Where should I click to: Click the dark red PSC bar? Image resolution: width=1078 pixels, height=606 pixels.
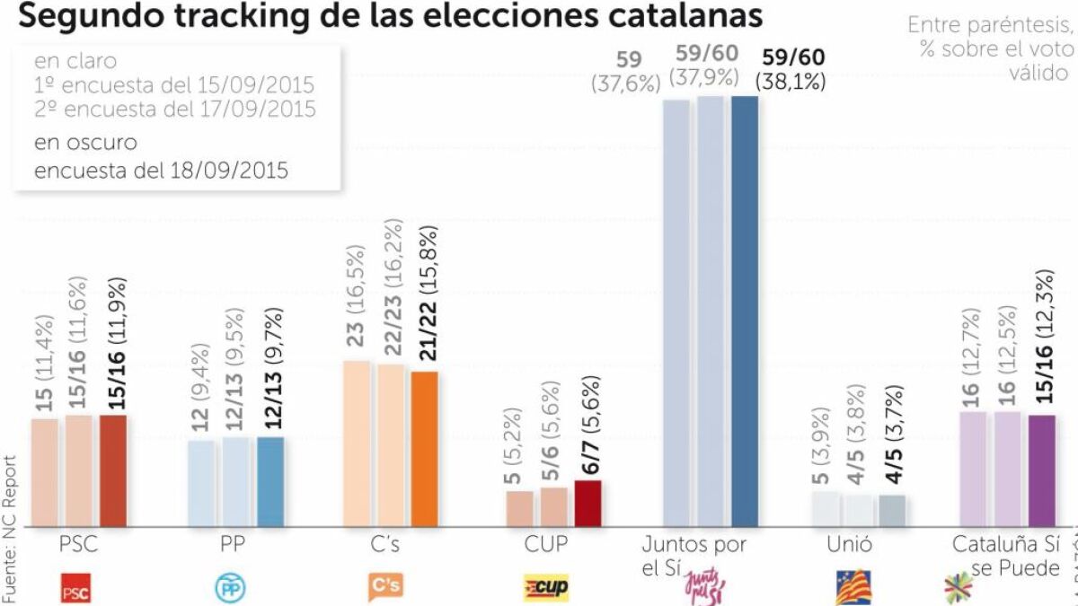click(x=113, y=470)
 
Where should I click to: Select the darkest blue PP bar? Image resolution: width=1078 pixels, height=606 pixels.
click(x=270, y=481)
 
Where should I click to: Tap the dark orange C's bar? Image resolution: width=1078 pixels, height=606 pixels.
click(x=425, y=448)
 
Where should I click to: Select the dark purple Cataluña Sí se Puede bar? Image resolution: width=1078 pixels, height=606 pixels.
click(x=1041, y=470)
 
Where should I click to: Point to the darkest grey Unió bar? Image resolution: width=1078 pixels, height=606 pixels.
click(x=893, y=510)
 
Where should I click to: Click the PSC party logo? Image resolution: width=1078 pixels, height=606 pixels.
click(x=75, y=588)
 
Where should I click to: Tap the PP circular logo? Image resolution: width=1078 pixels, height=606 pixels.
click(x=228, y=588)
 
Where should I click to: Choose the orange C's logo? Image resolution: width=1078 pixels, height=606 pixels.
click(x=385, y=587)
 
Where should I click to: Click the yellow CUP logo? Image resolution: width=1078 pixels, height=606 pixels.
click(x=546, y=588)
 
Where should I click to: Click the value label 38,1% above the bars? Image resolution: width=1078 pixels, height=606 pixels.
click(x=791, y=82)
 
